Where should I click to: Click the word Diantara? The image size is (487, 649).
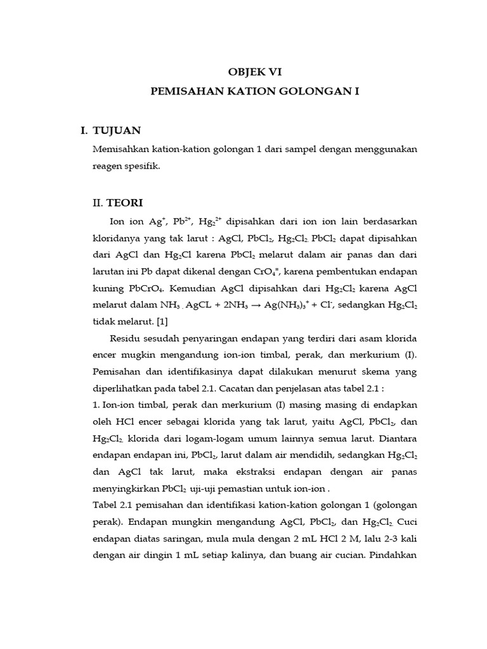[397, 439]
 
